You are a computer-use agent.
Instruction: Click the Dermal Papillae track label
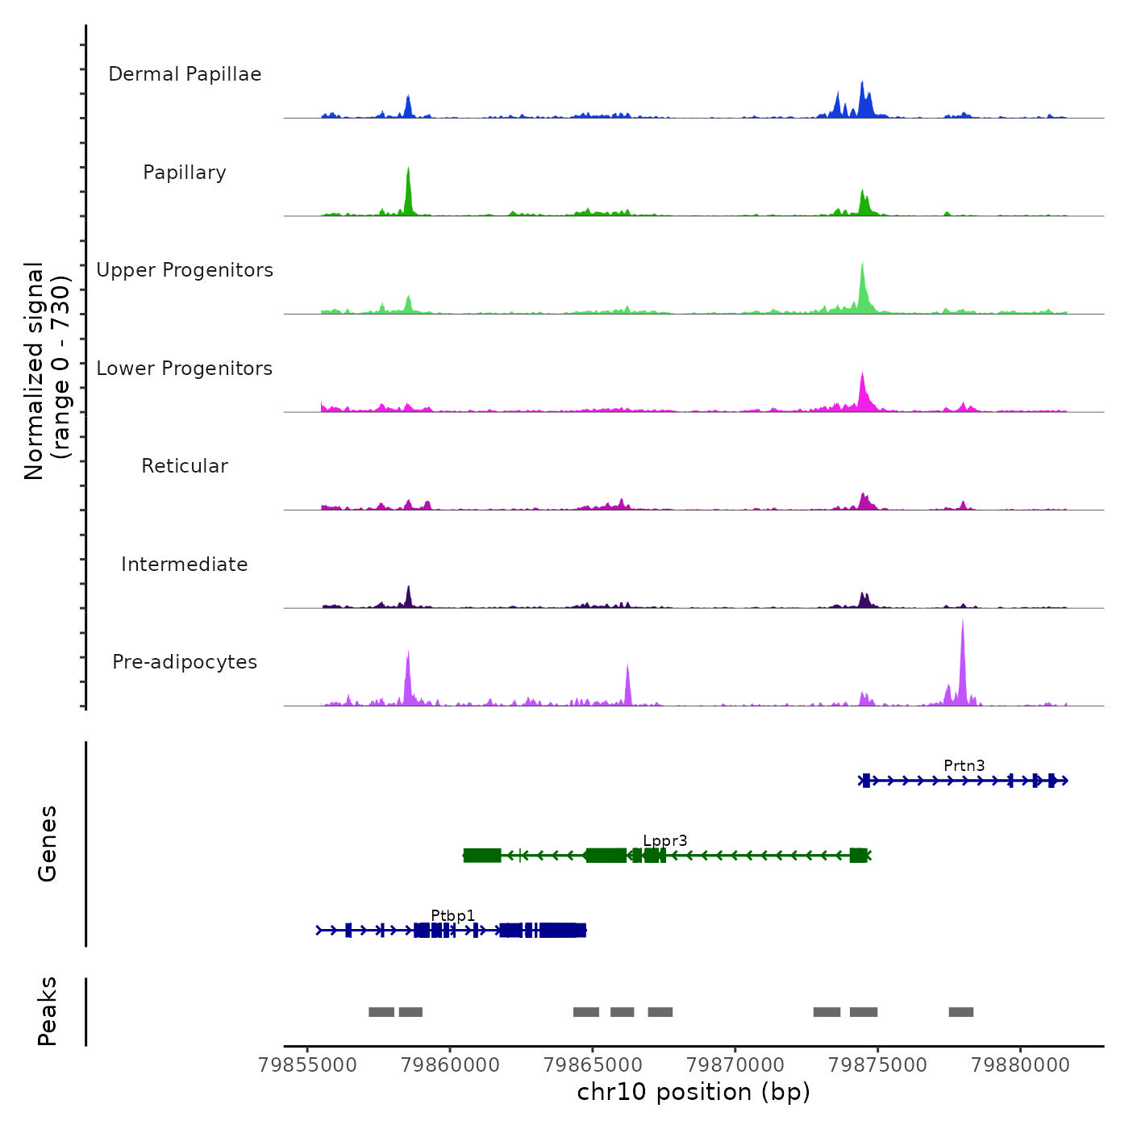click(185, 74)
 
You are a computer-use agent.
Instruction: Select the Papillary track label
click(185, 173)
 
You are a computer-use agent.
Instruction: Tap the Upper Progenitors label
click(185, 270)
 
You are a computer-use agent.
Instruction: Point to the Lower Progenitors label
click(185, 369)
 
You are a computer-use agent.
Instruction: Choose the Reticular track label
click(185, 466)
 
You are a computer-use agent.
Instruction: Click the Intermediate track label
click(185, 564)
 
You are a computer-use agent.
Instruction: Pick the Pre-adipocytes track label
click(185, 662)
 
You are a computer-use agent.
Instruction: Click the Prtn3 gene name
click(964, 765)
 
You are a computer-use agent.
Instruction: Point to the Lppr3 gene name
click(665, 841)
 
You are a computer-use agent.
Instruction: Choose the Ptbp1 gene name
click(452, 915)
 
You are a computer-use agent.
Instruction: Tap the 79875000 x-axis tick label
click(877, 1065)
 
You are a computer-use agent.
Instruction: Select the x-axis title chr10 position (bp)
click(694, 1092)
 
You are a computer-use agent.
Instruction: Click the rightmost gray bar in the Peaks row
click(960, 1012)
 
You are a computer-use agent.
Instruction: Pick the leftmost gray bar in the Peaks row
click(381, 1012)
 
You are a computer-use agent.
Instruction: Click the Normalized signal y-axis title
click(47, 371)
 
